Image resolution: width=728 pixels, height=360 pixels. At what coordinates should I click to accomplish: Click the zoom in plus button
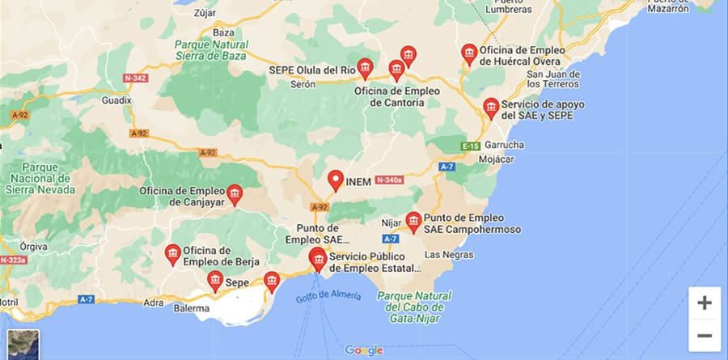point(705,303)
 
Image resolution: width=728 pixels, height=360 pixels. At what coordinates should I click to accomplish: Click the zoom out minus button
point(705,335)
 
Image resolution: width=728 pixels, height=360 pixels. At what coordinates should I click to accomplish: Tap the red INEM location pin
point(336,180)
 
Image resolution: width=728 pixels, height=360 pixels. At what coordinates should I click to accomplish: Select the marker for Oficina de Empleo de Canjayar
point(235,193)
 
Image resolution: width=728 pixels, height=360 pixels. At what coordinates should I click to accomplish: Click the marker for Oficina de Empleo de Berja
point(172,254)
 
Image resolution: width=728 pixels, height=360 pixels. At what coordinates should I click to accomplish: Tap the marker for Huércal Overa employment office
point(469,53)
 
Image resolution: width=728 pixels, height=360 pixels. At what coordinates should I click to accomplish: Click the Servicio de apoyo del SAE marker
point(490,108)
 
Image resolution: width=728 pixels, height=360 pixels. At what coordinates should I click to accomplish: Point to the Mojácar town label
point(497,159)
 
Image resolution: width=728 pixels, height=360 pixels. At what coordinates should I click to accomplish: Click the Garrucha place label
point(505,145)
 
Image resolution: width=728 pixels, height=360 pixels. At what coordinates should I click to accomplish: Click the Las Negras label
point(449,255)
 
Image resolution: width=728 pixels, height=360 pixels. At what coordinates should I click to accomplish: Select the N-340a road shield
point(389,181)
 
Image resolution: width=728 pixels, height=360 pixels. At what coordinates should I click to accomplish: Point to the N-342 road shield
point(136,78)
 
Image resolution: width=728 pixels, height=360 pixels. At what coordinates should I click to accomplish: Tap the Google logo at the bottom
point(363,350)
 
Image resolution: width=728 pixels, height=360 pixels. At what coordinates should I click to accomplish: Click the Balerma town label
point(191,308)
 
